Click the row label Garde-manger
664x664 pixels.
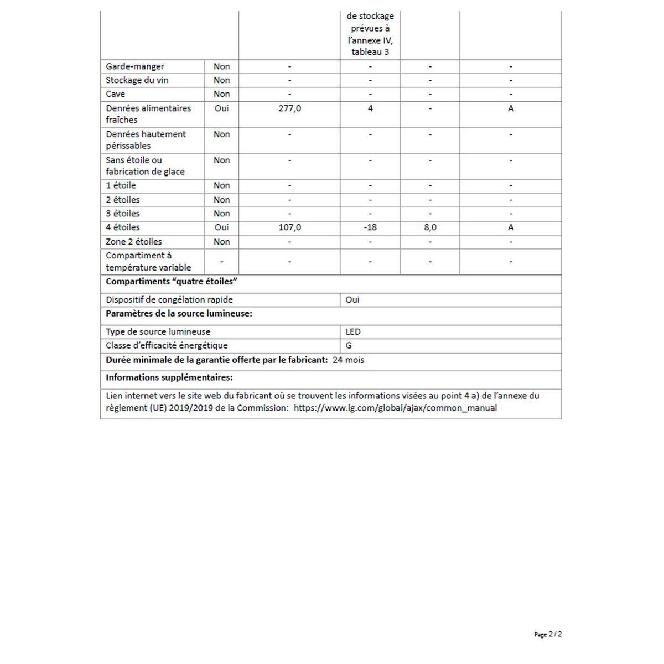click(135, 66)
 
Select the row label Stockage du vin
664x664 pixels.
click(137, 80)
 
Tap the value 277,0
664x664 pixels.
click(289, 108)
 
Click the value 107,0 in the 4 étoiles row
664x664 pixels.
click(289, 227)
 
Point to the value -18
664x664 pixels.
click(370, 227)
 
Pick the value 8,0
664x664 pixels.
click(430, 227)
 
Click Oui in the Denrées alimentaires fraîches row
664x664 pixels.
click(221, 108)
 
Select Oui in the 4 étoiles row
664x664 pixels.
click(221, 227)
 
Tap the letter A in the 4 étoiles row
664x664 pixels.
click(511, 227)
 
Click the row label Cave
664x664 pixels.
click(116, 94)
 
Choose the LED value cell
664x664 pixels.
click(353, 332)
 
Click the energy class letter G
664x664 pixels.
click(349, 346)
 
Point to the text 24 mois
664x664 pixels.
click(349, 360)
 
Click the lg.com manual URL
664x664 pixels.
click(395, 408)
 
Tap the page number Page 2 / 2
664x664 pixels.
click(548, 635)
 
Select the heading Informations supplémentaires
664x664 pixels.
click(169, 378)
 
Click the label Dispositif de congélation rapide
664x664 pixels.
click(169, 300)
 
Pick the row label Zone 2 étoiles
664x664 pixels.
click(134, 242)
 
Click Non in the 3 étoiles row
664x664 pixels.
click(221, 214)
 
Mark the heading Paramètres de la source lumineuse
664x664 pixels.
click(179, 314)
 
